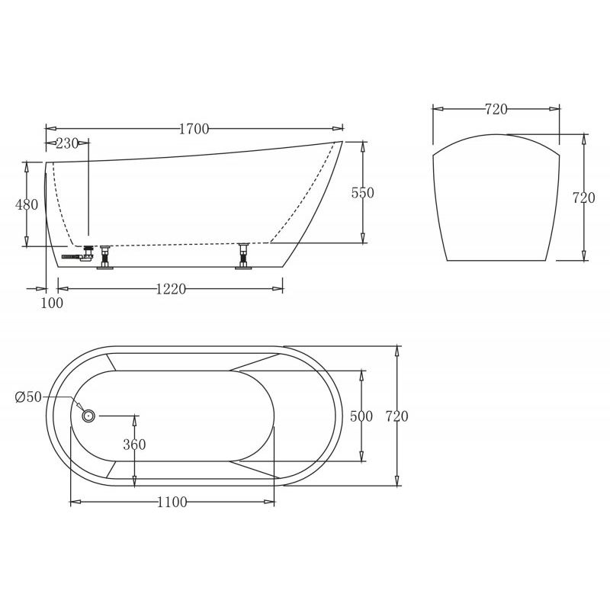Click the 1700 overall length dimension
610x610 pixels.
194,129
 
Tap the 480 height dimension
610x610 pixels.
27,204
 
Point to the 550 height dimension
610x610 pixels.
362,193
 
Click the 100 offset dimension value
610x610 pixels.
52,303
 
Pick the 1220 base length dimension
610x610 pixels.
171,288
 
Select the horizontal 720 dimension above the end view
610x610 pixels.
496,109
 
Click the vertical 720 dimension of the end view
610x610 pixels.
583,197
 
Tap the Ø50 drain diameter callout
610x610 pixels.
27,396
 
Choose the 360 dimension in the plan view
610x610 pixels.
134,445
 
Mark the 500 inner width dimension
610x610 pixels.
361,416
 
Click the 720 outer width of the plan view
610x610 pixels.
396,416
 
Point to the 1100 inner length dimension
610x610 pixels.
172,502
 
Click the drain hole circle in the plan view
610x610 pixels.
88,416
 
